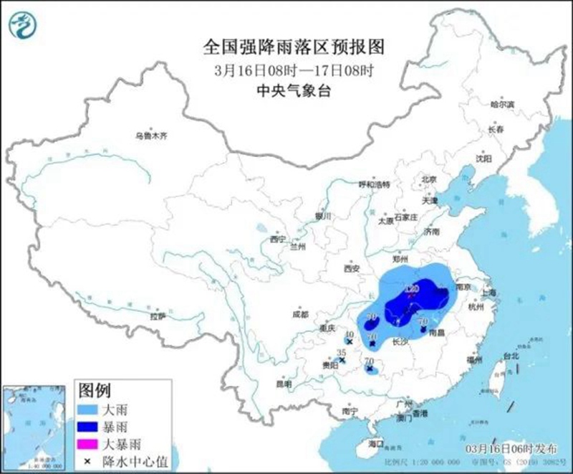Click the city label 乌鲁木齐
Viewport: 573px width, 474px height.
(x=151, y=135)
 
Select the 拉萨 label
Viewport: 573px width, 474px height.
(x=158, y=316)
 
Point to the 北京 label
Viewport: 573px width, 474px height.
(x=429, y=179)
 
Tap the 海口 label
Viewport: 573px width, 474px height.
(x=375, y=444)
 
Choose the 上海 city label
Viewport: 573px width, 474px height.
(x=490, y=293)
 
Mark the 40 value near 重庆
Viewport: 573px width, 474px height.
(x=350, y=334)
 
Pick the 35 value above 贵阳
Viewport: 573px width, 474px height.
(x=342, y=353)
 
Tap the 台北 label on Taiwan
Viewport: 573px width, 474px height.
(x=510, y=356)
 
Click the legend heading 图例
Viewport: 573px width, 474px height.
(x=95, y=391)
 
